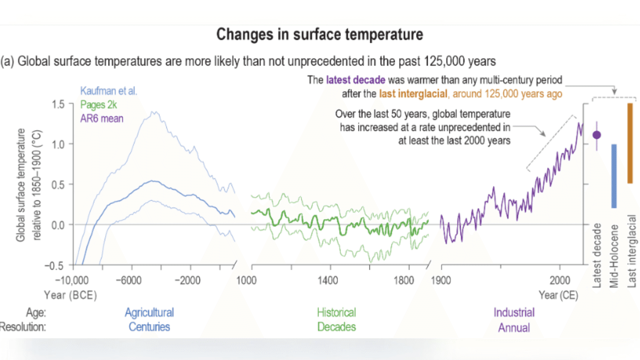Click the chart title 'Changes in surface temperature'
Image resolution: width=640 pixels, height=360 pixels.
click(x=319, y=35)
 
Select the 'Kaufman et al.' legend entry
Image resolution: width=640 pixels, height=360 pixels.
click(x=108, y=91)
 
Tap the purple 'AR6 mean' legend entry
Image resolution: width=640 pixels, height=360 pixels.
click(x=101, y=118)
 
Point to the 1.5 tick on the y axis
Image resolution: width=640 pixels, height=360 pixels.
click(x=58, y=103)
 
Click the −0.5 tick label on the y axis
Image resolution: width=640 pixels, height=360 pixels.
click(x=56, y=265)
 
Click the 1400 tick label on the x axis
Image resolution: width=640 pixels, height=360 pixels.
click(x=328, y=280)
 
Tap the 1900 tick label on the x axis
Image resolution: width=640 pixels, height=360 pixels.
click(x=440, y=280)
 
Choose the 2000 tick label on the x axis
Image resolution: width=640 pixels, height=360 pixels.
click(x=559, y=280)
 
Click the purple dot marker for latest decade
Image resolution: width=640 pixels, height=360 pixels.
click(x=596, y=134)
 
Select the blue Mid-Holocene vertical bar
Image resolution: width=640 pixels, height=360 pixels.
click(x=613, y=176)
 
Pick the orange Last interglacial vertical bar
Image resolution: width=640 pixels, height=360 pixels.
click(x=630, y=143)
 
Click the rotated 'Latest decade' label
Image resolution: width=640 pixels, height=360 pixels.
click(x=597, y=255)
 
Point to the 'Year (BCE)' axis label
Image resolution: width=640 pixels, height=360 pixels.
click(x=70, y=295)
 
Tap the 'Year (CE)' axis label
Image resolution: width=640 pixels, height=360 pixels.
click(x=558, y=295)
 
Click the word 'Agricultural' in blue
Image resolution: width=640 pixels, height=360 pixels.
click(x=149, y=312)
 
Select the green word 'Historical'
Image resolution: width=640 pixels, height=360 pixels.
click(x=336, y=312)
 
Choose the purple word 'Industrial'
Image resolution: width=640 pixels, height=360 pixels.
click(x=514, y=312)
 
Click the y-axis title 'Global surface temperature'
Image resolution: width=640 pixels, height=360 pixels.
click(x=21, y=185)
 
